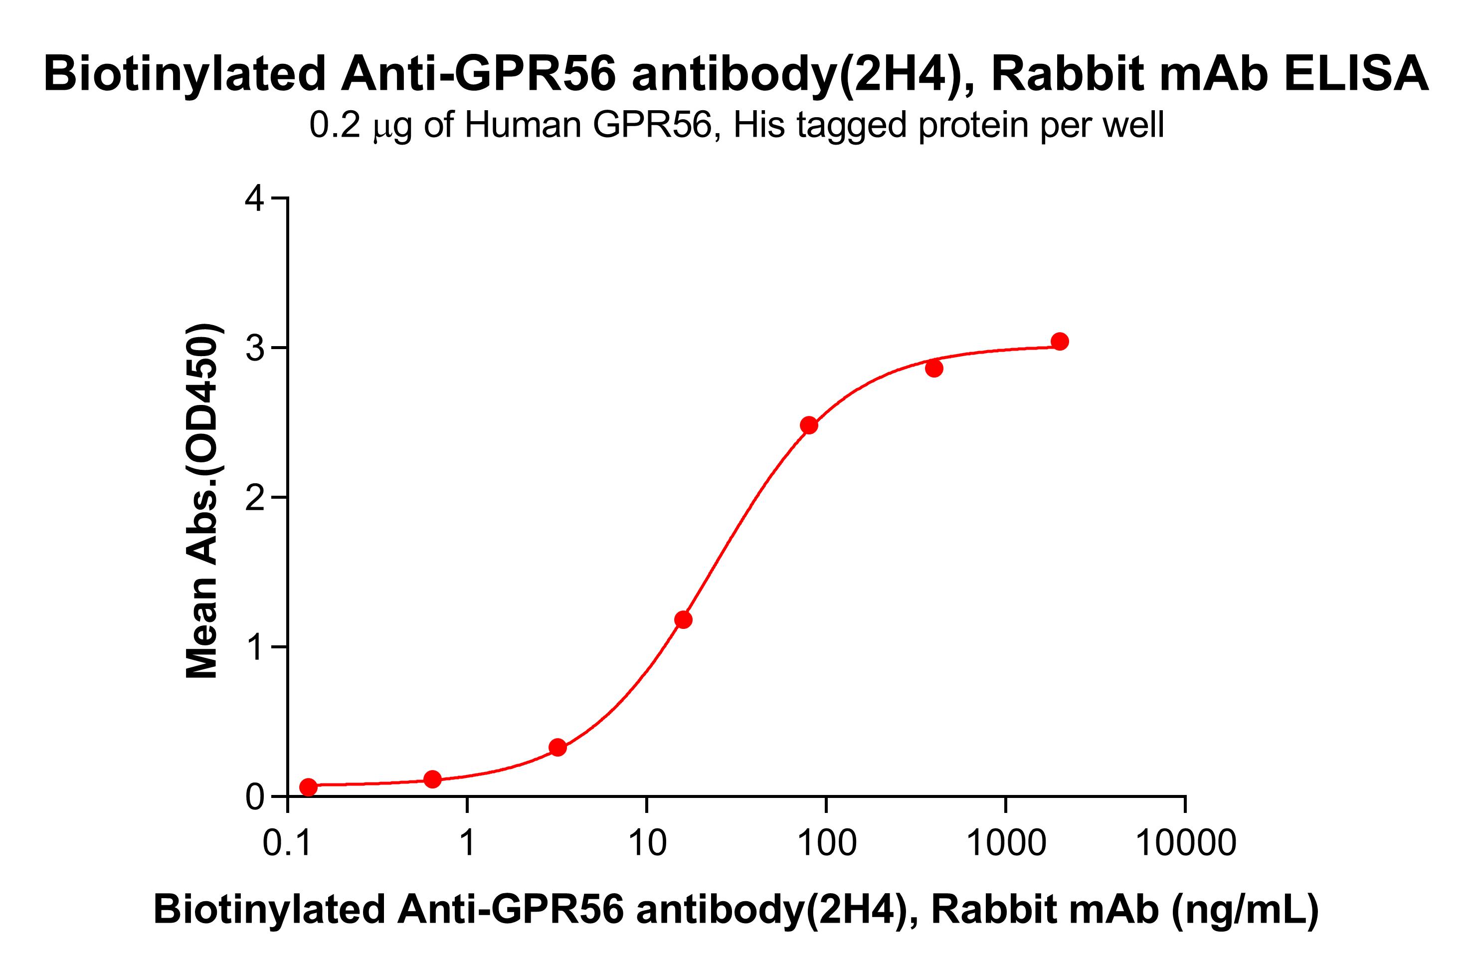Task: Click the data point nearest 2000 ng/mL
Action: (1060, 341)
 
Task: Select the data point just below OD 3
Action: (934, 369)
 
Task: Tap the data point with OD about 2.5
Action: (808, 425)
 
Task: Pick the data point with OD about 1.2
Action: (683, 619)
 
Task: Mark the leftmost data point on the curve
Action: (308, 787)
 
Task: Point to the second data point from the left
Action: (433, 779)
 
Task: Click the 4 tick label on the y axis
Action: (255, 199)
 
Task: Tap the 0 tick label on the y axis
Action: (255, 797)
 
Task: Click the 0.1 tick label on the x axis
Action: (288, 844)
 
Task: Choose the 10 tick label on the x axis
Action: (647, 844)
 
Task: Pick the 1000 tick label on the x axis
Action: (1005, 844)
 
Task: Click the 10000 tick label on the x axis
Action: (1185, 844)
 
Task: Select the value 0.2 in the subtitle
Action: (335, 125)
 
